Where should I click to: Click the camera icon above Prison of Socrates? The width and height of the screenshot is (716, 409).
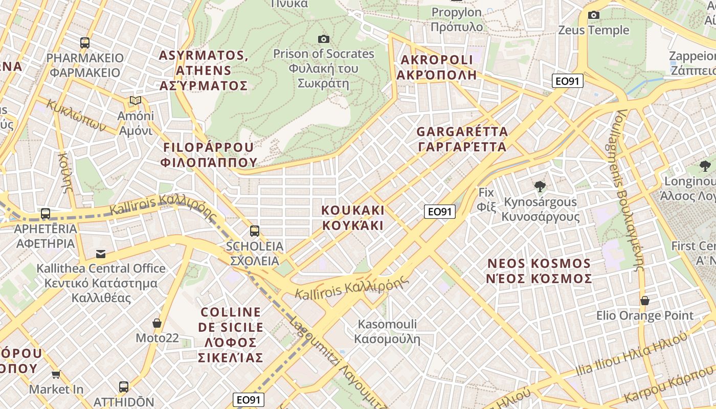pos(323,39)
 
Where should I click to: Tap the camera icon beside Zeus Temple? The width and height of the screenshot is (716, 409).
pos(593,15)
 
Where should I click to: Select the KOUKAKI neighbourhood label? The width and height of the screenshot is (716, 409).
pos(352,218)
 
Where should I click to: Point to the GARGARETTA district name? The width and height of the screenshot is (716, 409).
pos(462,139)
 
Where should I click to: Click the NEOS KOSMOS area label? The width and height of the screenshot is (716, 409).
pos(539,271)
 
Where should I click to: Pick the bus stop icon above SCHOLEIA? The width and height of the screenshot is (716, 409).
pos(254,231)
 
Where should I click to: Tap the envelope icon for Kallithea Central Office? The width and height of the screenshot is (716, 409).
pos(101,254)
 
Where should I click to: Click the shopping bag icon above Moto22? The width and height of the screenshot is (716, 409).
pos(157,323)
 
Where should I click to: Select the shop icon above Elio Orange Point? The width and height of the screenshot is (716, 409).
pos(644,301)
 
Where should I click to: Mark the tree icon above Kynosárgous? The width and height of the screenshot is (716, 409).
pos(539,187)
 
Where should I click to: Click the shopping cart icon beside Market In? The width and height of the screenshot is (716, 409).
pos(56,375)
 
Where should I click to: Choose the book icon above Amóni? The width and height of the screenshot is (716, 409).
pos(136,101)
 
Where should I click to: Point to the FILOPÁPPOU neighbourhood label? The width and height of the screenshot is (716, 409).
pos(208,155)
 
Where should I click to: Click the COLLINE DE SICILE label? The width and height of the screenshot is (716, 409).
pos(231,334)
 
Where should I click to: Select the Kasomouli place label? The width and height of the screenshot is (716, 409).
pos(387,331)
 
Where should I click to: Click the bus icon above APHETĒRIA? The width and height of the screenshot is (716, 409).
pos(46,214)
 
